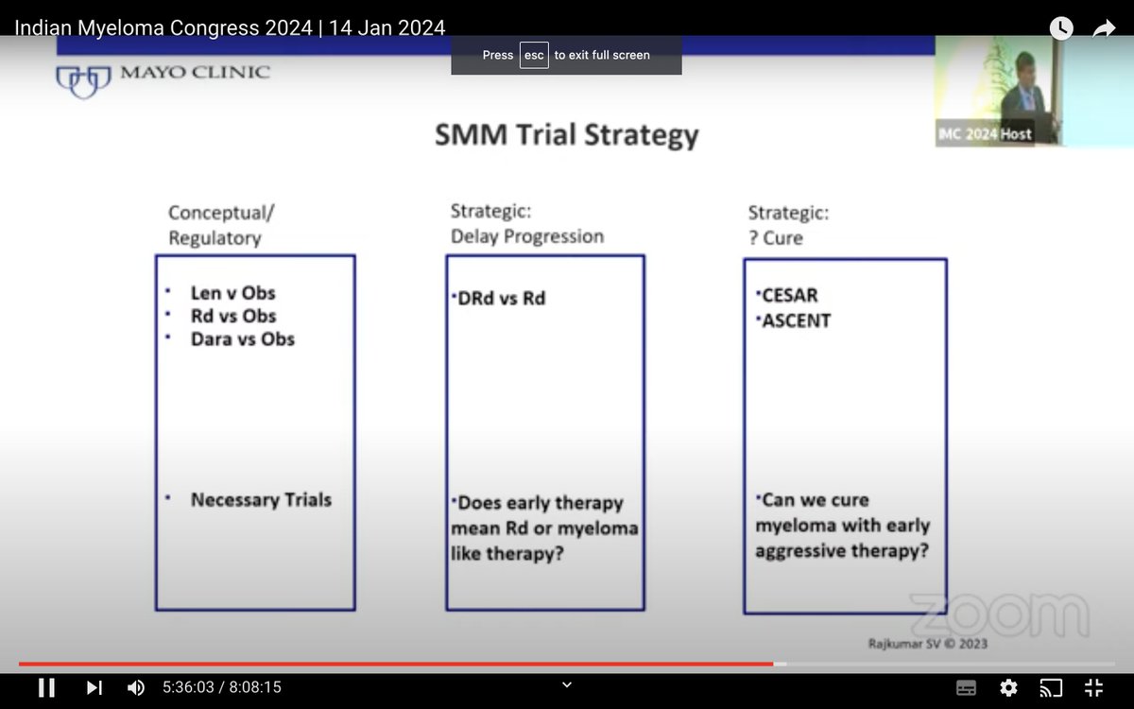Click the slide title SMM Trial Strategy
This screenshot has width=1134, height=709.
[x=566, y=135]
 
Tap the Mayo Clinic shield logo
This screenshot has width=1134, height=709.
[x=83, y=81]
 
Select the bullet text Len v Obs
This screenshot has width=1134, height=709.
[x=232, y=293]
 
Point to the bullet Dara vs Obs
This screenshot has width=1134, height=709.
[x=243, y=338]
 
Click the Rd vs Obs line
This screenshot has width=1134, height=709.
[x=233, y=316]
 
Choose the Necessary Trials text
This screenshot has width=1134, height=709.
[x=261, y=500]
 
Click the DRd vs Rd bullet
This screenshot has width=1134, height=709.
[x=501, y=299]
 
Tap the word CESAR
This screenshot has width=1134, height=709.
[x=790, y=295]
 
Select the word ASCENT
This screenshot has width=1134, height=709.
[x=797, y=320]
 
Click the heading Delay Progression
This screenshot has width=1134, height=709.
[x=527, y=236]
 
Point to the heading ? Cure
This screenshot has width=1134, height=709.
[x=776, y=238]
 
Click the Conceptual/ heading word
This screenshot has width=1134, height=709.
[x=221, y=213]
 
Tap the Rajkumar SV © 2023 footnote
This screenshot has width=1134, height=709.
[x=928, y=644]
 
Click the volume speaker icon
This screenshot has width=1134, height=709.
[x=136, y=688]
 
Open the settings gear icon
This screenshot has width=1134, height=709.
[x=1008, y=688]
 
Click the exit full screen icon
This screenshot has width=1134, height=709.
[x=1093, y=688]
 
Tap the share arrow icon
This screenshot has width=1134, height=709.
[x=1104, y=28]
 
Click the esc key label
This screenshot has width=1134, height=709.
[x=534, y=55]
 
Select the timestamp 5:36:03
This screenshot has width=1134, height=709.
[x=188, y=687]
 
